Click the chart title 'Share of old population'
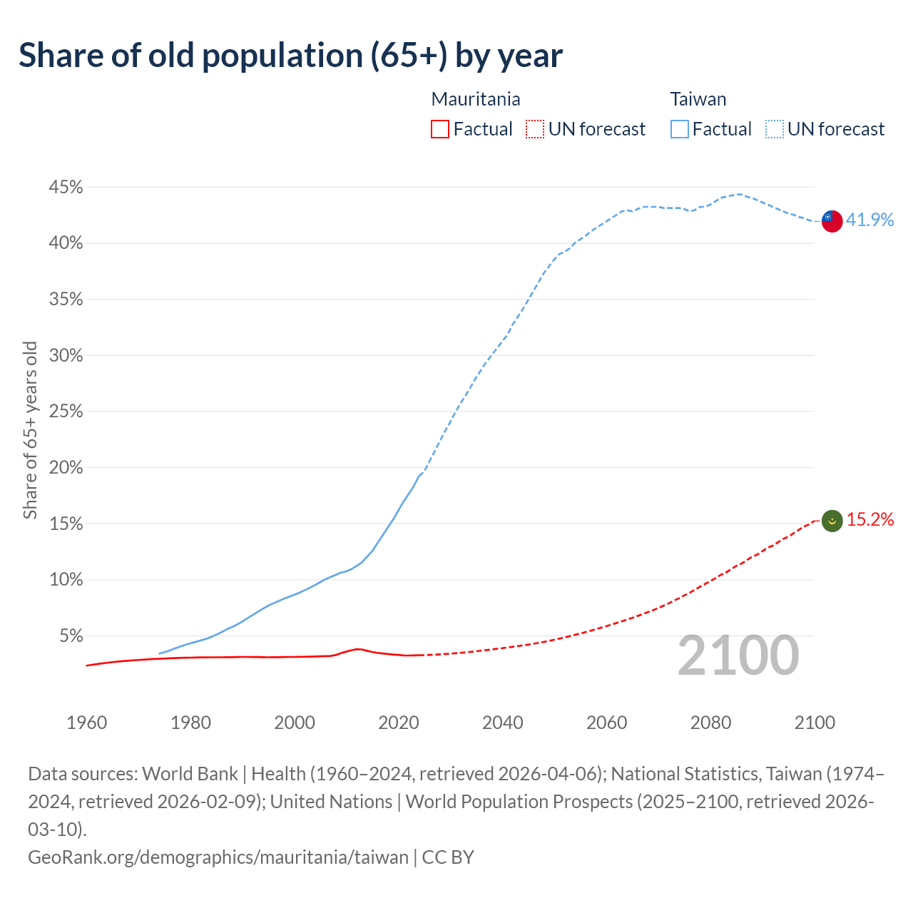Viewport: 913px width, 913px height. (290, 56)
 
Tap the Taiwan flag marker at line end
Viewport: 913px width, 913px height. (832, 221)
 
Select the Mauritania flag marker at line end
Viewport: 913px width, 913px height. (832, 521)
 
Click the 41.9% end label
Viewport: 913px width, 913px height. (869, 220)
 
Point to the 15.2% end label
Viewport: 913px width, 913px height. (870, 520)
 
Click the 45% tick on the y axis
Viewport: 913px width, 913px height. (66, 188)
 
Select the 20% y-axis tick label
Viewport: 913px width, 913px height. (66, 468)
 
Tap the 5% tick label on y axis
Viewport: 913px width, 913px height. (70, 636)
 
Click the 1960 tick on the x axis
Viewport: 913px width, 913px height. (86, 723)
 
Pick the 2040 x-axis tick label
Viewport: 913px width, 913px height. (503, 723)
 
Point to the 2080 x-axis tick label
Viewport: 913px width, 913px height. (710, 723)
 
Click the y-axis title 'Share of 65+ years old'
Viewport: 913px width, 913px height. (30, 430)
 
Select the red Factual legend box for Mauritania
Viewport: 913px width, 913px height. (440, 129)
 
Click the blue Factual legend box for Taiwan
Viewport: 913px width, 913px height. (680, 129)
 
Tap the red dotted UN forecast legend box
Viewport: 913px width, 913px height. (535, 129)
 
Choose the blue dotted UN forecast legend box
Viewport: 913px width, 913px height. (774, 129)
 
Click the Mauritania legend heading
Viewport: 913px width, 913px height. (476, 99)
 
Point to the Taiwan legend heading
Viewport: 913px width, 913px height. (698, 99)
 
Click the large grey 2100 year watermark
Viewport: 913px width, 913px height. (738, 656)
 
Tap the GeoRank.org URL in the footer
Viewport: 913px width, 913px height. (218, 857)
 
